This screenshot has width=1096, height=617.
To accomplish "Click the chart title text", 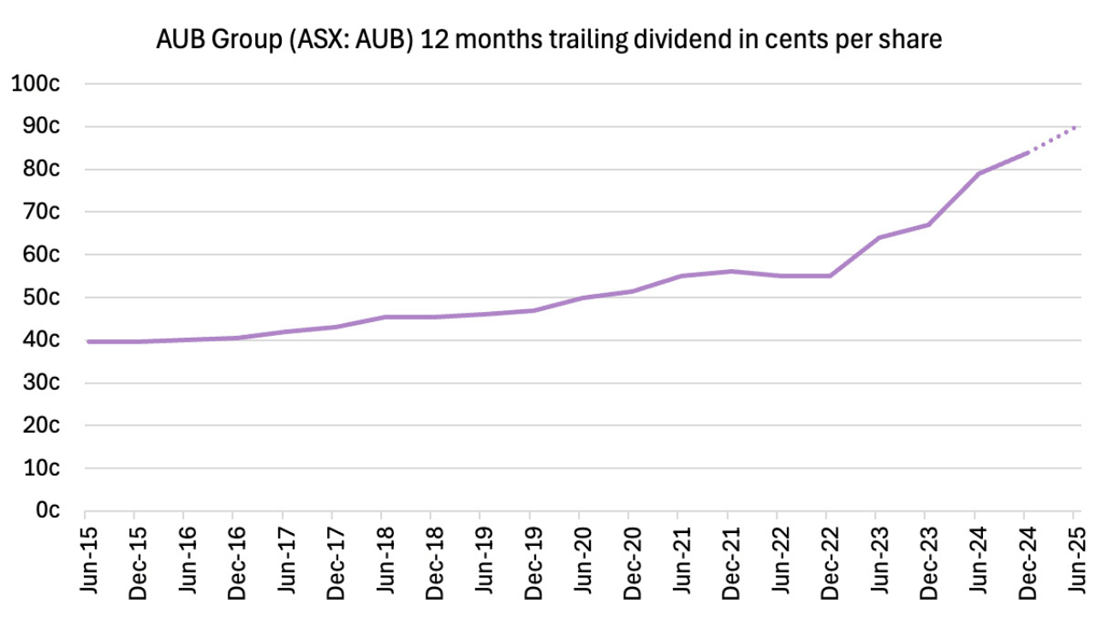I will coord(549,40).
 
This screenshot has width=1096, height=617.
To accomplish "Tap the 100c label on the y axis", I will coord(35,84).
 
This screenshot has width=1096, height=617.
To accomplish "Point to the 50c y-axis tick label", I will coord(40,297).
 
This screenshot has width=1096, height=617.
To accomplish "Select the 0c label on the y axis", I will coord(45,511).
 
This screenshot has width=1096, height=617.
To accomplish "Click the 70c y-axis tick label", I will coord(40,212).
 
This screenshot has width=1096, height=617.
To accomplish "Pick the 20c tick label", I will coord(40,425).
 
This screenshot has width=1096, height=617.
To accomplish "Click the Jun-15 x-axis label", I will coord(86,557).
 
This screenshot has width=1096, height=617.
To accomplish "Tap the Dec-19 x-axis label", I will coord(530,557).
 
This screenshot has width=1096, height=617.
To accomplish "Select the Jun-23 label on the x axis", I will coord(876,557).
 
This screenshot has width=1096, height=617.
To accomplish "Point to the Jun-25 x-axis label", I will coord(1074,557).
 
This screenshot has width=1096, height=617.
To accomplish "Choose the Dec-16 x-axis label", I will coord(234,557).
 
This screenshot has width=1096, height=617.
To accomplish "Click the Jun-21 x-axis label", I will coord(678,557).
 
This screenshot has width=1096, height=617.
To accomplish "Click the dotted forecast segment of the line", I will coord(1051,140).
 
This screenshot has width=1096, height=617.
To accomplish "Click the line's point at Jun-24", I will coord(975,174).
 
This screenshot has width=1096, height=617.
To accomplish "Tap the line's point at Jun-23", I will coord(877,237).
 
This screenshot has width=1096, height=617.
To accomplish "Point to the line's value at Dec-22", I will coord(827,276).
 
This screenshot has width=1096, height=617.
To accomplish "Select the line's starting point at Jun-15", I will coord(86,341).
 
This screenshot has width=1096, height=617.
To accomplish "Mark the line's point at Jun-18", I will coord(383,317).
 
